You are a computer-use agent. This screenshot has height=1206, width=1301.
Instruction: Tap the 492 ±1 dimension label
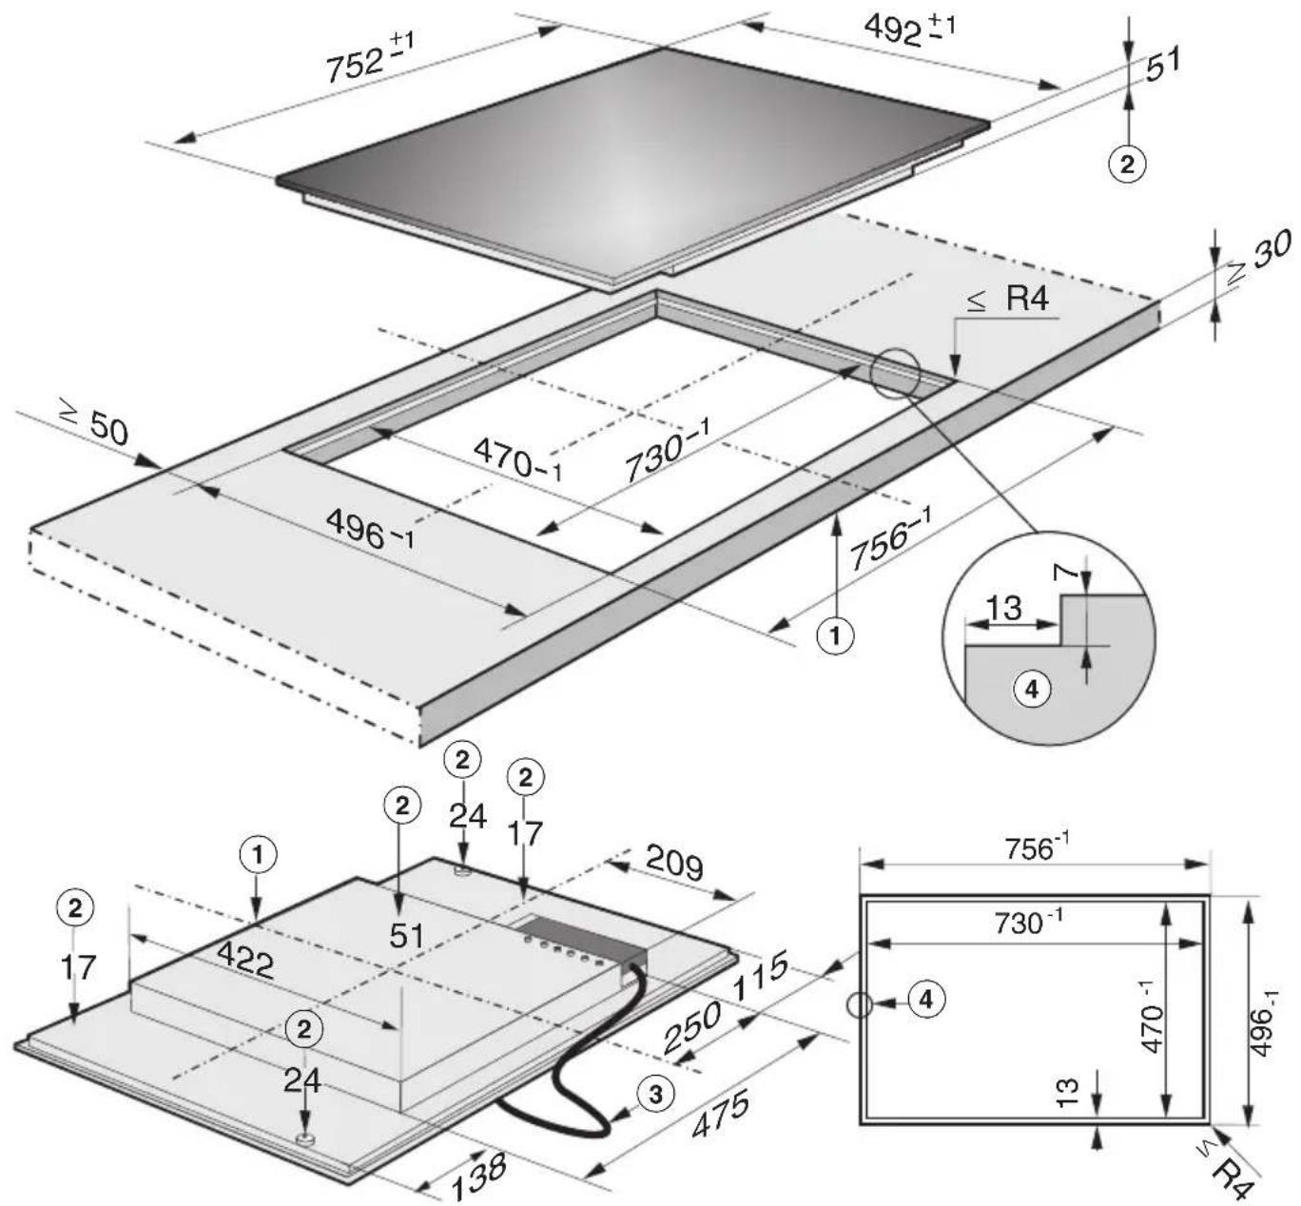[x=911, y=29]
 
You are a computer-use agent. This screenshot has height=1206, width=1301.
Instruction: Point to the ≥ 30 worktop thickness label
[x=1259, y=259]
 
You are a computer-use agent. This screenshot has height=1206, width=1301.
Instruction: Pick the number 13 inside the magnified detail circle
[x=1003, y=609]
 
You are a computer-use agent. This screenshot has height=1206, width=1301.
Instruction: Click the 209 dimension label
[x=673, y=864]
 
